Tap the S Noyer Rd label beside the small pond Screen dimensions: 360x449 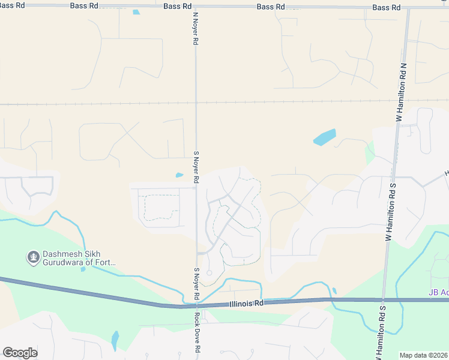pyautogui.click(x=196, y=167)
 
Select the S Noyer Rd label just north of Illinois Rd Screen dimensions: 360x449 pyautogui.click(x=196, y=284)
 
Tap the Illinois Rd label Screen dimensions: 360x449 pyautogui.click(x=246, y=304)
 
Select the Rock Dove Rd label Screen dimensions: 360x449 pyautogui.click(x=196, y=331)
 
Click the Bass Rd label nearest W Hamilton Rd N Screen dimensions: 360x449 pyautogui.click(x=386, y=7)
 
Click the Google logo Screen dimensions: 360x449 pyautogui.click(x=20, y=353)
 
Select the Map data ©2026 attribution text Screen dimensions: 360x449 pyautogui.click(x=424, y=355)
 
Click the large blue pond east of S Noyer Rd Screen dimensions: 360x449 pyautogui.click(x=325, y=137)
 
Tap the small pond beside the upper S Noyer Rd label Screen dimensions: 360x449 pyautogui.click(x=179, y=175)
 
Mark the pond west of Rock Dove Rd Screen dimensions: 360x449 pyautogui.click(x=115, y=341)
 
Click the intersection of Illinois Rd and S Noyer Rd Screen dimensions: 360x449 pyautogui.click(x=196, y=305)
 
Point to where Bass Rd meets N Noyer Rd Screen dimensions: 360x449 pyautogui.click(x=196, y=7)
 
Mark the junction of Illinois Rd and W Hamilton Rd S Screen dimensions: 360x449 pyautogui.click(x=383, y=299)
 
